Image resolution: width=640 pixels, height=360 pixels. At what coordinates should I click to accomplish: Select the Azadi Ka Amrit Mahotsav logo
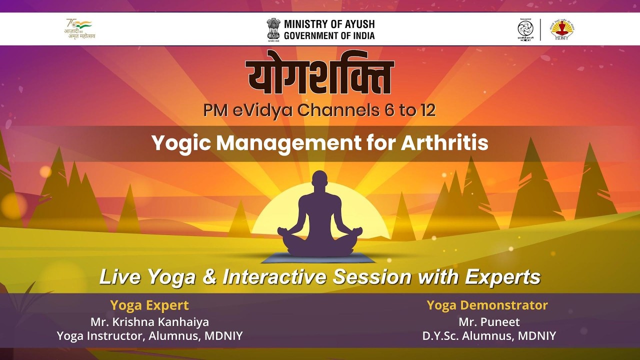79,29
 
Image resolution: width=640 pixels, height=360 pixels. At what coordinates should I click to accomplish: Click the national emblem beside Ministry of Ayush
273,29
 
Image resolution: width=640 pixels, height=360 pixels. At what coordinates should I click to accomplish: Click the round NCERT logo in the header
525,29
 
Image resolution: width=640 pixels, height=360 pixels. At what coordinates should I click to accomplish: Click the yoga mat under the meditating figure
320,258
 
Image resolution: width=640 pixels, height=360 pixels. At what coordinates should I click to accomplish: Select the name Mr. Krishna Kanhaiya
149,321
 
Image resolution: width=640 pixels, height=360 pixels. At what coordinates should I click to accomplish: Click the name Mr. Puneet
489,321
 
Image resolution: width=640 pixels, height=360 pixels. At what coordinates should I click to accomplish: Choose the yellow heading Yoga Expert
149,305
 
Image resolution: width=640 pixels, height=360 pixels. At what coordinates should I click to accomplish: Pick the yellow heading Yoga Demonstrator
487,305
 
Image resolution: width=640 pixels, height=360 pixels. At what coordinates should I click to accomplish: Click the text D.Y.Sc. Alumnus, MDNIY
488,336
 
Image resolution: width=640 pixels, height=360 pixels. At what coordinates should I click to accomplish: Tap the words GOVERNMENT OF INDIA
329,35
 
